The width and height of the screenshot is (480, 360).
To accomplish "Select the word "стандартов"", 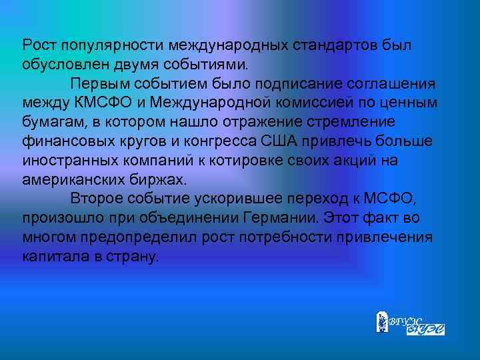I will (x=332, y=46).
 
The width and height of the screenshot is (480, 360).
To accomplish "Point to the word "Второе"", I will (x=95, y=199).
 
